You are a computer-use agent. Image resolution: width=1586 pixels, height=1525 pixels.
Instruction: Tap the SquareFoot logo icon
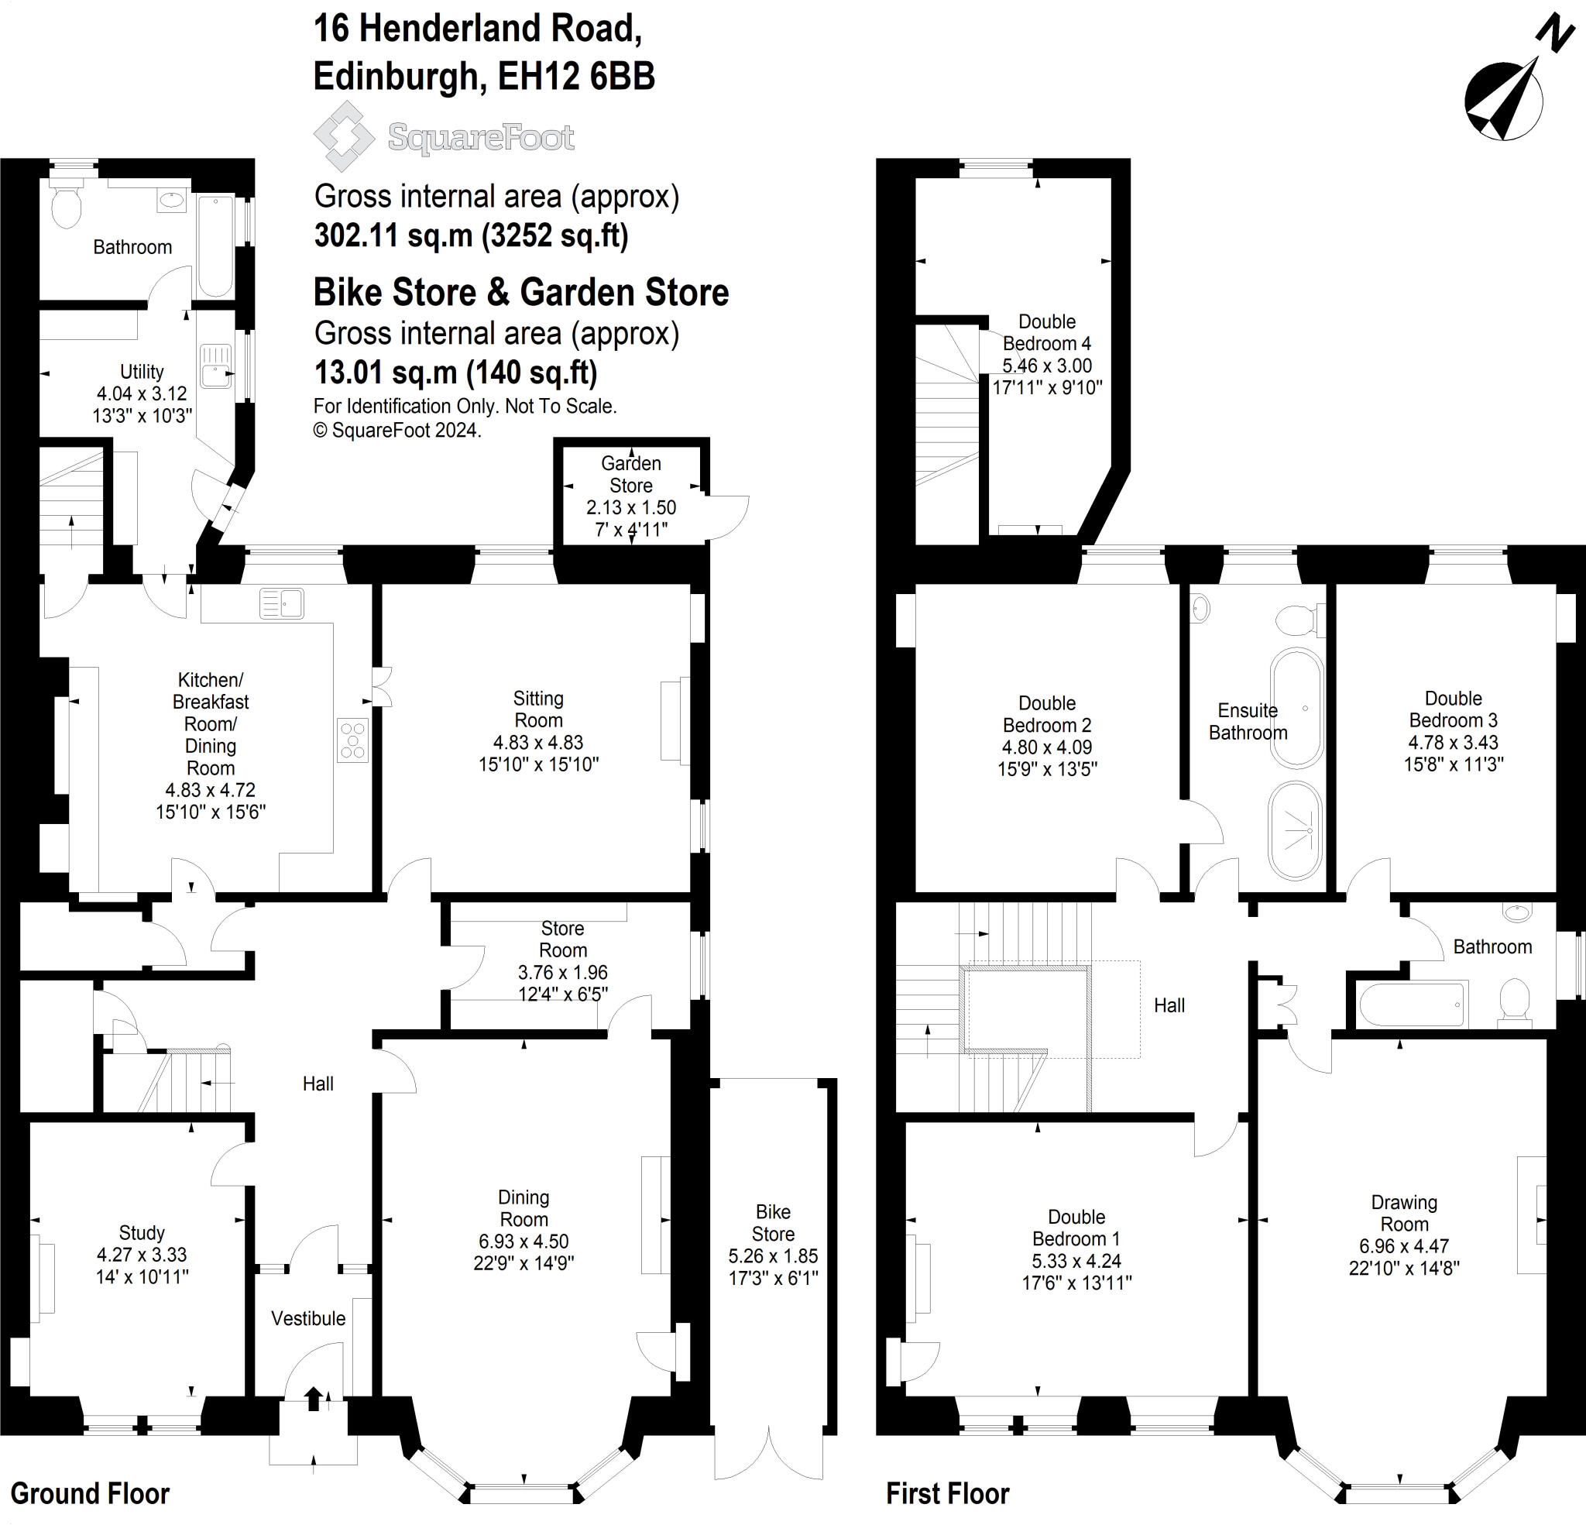[344, 136]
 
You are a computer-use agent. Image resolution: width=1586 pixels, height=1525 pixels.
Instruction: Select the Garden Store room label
[630, 474]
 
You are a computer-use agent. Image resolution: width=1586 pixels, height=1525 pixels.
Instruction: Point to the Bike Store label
[773, 1222]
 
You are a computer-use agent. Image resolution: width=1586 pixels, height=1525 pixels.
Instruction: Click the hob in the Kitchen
[353, 740]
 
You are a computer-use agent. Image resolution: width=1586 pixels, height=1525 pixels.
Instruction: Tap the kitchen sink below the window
[282, 603]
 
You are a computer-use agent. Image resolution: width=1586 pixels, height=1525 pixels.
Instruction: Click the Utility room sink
[216, 366]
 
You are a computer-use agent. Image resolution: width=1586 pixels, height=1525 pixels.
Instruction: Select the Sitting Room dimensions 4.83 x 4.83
[538, 742]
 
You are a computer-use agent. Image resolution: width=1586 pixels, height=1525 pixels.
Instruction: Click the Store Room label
[562, 939]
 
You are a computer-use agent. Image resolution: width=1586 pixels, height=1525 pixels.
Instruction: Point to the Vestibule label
[308, 1317]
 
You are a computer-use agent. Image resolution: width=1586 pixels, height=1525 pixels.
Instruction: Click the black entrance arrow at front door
[313, 1398]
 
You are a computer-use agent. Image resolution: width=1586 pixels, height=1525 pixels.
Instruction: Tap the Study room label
[142, 1233]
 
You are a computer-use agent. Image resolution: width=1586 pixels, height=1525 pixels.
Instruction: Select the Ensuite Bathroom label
[1248, 721]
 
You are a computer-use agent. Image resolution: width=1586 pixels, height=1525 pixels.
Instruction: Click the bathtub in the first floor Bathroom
[1412, 1005]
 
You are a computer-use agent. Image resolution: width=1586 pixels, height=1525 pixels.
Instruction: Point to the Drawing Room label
[1404, 1214]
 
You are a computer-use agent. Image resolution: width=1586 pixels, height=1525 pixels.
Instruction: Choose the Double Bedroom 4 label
[1047, 333]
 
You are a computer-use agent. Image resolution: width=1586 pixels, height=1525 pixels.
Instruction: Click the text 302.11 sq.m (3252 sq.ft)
[471, 235]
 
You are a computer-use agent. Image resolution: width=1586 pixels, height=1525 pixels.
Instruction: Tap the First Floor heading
[948, 1493]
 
